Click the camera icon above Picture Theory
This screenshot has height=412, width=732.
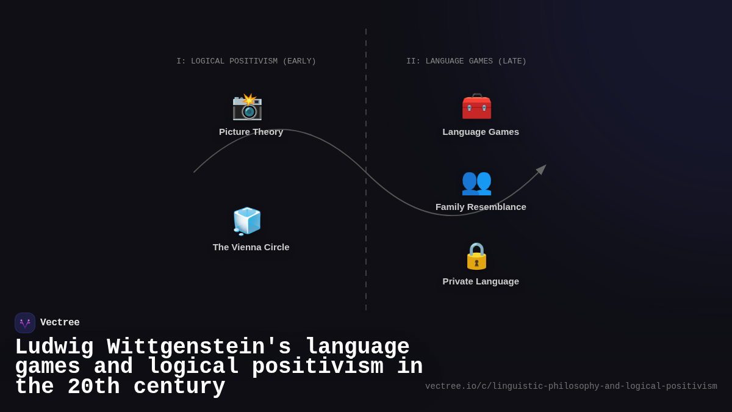pyautogui.click(x=247, y=107)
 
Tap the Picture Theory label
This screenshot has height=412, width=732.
pyautogui.click(x=251, y=132)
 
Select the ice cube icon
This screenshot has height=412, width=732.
pyautogui.click(x=247, y=221)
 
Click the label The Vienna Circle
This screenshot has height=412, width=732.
pyautogui.click(x=251, y=247)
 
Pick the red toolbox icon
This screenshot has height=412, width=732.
pyautogui.click(x=476, y=107)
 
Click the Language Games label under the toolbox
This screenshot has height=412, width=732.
pyautogui.click(x=481, y=132)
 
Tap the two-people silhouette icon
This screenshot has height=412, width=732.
pyautogui.click(x=476, y=181)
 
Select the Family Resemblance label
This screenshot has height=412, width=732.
pyautogui.click(x=481, y=207)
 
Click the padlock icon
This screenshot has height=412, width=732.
pyautogui.click(x=476, y=256)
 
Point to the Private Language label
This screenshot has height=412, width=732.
pyautogui.click(x=481, y=281)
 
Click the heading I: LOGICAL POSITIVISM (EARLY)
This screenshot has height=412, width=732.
pyautogui.click(x=246, y=62)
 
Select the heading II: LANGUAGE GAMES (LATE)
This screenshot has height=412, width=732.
pyautogui.click(x=466, y=62)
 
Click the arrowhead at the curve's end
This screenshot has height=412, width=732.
pyautogui.click(x=542, y=169)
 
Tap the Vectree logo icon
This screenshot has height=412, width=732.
pyautogui.click(x=25, y=323)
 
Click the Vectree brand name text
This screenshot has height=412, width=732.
pyautogui.click(x=60, y=323)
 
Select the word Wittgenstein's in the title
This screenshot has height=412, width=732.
pyautogui.click(x=199, y=347)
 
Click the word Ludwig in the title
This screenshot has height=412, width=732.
pyautogui.click(x=54, y=347)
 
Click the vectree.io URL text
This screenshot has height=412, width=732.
pyautogui.click(x=571, y=386)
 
